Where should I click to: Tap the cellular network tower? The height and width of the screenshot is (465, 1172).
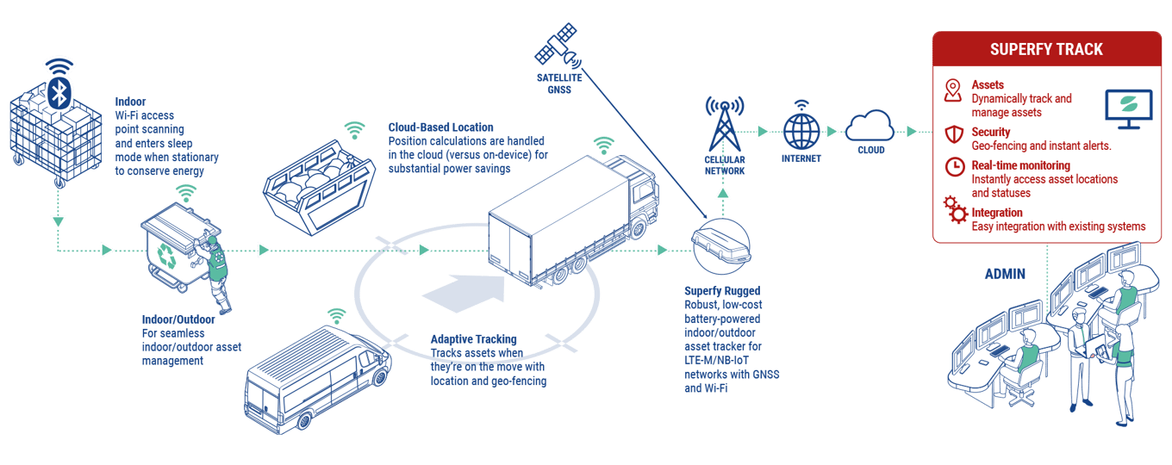(x=724, y=125)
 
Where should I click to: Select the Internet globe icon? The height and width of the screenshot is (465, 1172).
(x=801, y=132)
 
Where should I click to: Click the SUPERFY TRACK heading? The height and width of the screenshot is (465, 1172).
(x=1046, y=49)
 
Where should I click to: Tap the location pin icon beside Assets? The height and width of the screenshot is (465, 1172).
(x=952, y=91)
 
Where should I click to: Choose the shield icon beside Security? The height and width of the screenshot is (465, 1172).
(x=954, y=134)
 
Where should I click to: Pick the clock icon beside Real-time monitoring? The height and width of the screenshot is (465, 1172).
(x=954, y=167)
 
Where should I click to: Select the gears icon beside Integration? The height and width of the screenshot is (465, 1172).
(x=955, y=209)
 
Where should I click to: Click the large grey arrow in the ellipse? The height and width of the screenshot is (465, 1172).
(x=466, y=293)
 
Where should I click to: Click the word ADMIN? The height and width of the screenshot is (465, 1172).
(x=1005, y=275)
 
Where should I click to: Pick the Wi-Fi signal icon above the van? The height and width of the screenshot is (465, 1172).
(x=336, y=315)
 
